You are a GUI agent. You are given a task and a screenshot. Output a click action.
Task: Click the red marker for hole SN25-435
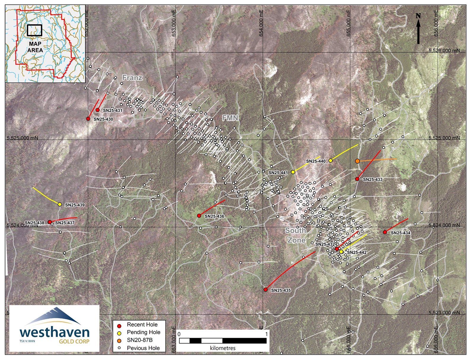[266, 289]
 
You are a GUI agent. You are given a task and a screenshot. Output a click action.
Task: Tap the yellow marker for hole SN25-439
[60, 204]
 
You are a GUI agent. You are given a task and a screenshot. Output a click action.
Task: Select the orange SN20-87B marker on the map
[357, 161]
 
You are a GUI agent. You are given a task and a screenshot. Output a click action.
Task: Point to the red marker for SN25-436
[199, 216]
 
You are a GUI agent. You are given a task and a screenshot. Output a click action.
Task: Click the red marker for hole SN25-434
[385, 232]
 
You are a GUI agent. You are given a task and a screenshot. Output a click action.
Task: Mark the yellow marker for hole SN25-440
[331, 161]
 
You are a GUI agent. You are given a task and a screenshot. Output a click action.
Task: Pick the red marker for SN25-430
[88, 119]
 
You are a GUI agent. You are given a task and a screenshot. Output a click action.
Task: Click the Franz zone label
[132, 78]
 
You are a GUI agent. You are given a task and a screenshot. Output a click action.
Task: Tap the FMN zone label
[230, 118]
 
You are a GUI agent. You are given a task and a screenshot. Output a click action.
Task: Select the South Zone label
[296, 235]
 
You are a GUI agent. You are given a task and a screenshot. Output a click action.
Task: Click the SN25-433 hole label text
[373, 180]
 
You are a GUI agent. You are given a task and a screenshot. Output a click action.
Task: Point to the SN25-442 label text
[357, 252]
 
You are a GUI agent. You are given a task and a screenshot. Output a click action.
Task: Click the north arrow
[418, 29]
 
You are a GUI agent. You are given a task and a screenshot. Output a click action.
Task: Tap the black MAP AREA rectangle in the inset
[34, 30]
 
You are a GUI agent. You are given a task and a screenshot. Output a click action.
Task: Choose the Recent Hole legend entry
[142, 325]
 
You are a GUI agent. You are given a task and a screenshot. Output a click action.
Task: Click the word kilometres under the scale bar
[223, 348]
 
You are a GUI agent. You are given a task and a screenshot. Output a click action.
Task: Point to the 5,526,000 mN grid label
[444, 51]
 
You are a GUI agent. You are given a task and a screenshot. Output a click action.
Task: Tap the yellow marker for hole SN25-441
[293, 172]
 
